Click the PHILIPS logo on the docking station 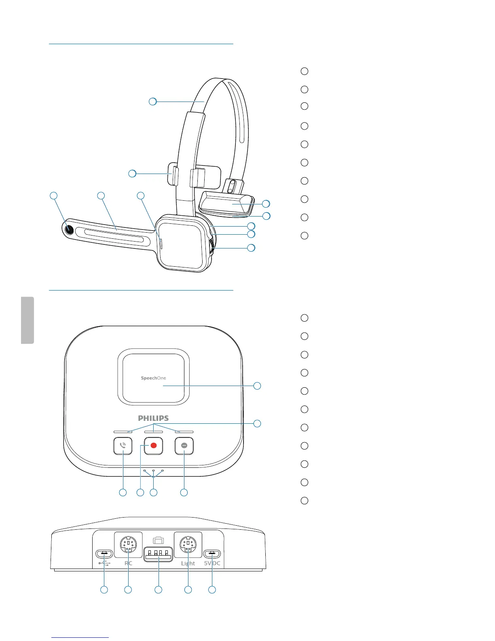click(153, 418)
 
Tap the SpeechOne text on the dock click(153, 378)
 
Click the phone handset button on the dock click(123, 446)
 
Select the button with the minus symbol click(184, 446)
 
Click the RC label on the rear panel click(128, 563)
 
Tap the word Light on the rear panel click(188, 563)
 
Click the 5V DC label click(212, 563)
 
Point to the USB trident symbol click(104, 563)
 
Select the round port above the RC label click(128, 544)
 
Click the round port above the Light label click(188, 544)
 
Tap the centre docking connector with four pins click(158, 554)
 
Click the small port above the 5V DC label click(212, 554)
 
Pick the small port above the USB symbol click(104, 554)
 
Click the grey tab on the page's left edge click(27, 320)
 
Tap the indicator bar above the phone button click(123, 432)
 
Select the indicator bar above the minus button click(184, 432)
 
